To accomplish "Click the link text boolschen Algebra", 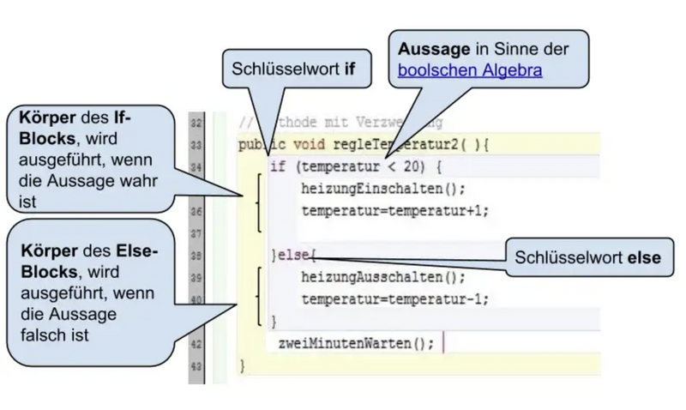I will pos(470,70).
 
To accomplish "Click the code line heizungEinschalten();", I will pos(372,189).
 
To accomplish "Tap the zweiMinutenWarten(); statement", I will pos(357,343).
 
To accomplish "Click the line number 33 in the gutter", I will pos(196,144).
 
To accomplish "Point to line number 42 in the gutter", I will pos(196,344).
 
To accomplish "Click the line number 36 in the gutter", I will pos(196,211).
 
